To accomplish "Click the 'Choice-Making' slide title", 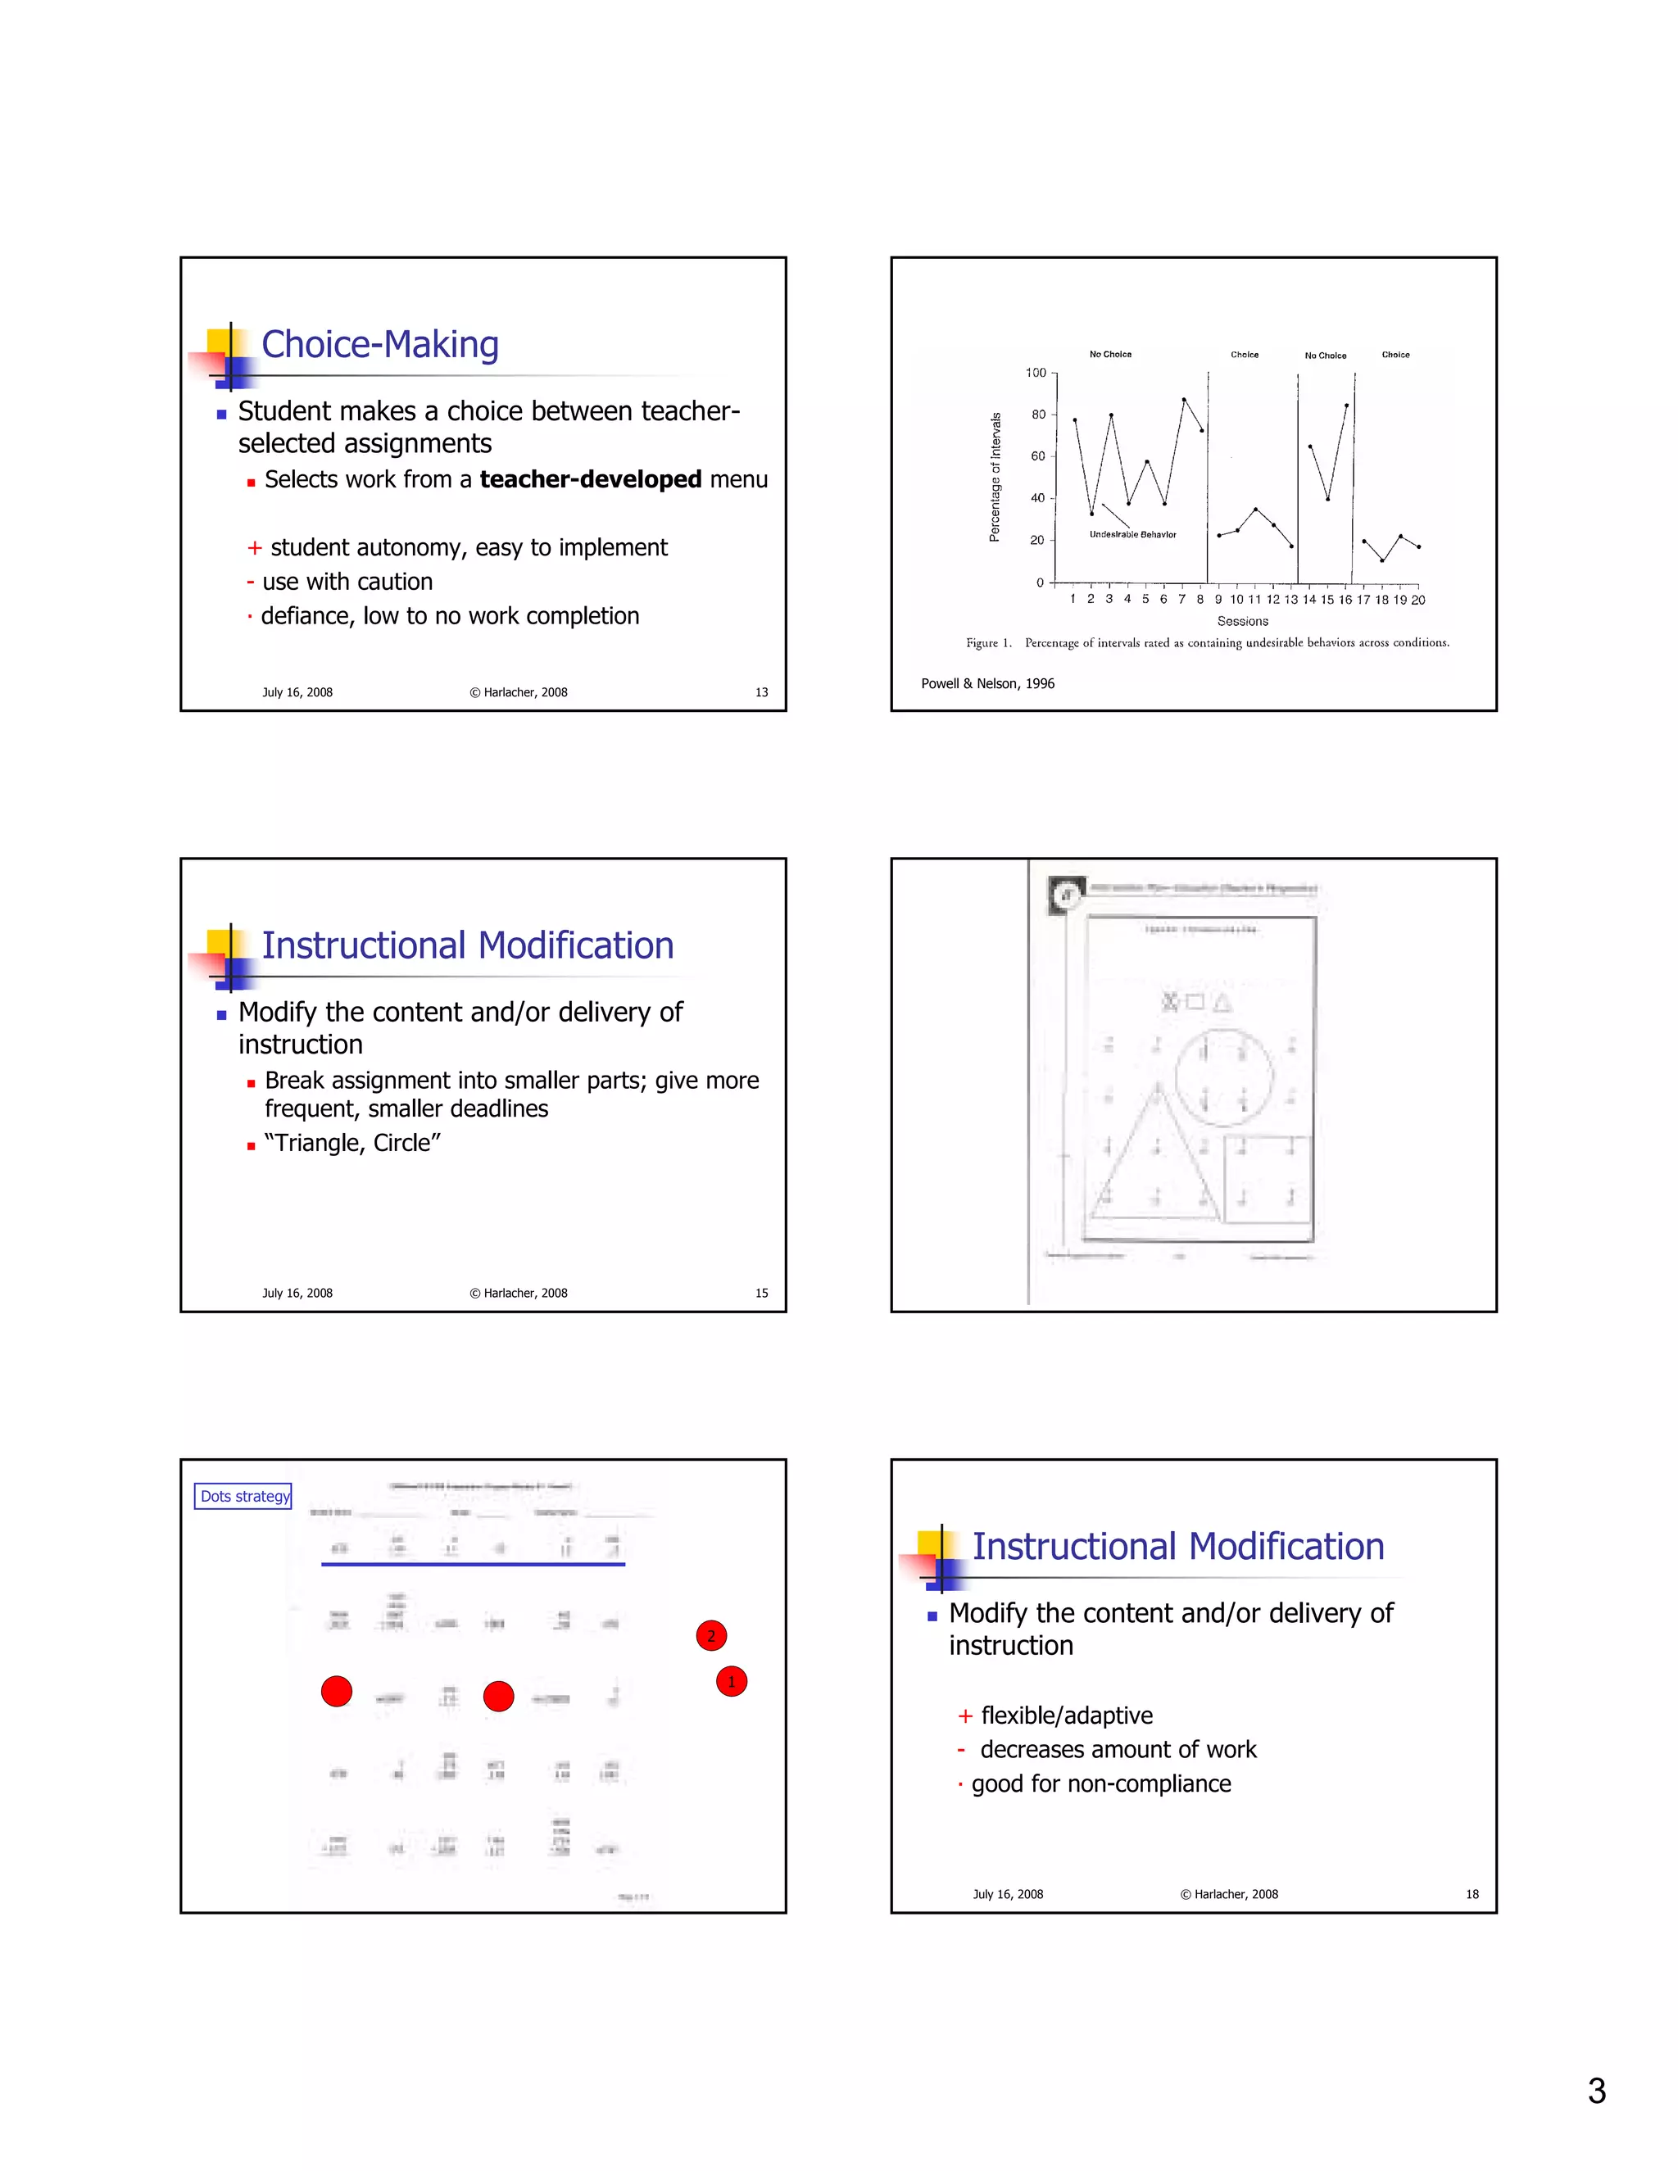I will (379, 345).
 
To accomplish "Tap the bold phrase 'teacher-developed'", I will (591, 479).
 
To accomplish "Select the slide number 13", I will (760, 692).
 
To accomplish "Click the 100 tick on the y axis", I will (1036, 373).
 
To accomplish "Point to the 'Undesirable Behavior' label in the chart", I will (1132, 535).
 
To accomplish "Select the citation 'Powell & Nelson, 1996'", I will (987, 683).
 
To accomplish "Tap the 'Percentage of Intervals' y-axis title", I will (994, 477).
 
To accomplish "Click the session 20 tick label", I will (1417, 600).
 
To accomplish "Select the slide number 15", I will (760, 1294).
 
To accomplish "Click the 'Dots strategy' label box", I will (243, 1496).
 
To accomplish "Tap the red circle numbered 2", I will (710, 1635).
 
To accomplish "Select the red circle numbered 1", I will (732, 1681).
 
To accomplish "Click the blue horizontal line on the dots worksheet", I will (474, 1564).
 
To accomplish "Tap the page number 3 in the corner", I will (1597, 2092).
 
